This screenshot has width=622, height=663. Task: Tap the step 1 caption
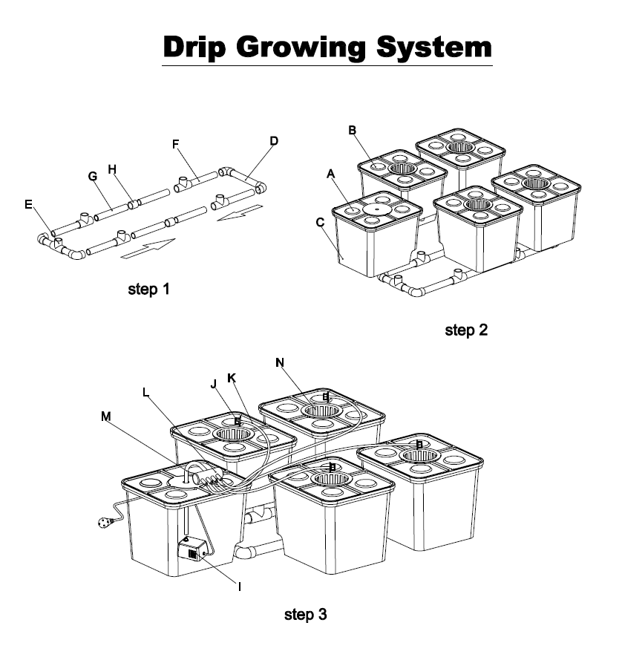coord(149,289)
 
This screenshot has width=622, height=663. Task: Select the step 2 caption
coord(466,330)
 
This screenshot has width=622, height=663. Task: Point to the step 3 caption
coord(305,615)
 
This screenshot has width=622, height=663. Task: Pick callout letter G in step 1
coord(93,176)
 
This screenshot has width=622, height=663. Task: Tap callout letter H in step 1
coord(112,169)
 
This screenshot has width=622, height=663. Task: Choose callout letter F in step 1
coord(177,144)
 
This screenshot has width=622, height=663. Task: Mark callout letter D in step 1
coord(274,140)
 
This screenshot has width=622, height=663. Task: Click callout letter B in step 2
coord(353,131)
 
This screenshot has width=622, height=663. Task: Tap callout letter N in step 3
coord(280,362)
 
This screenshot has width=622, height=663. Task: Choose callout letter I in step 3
coord(239,587)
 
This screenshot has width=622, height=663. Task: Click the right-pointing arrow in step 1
coord(148,249)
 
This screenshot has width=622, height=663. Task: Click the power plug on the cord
coord(102,523)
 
